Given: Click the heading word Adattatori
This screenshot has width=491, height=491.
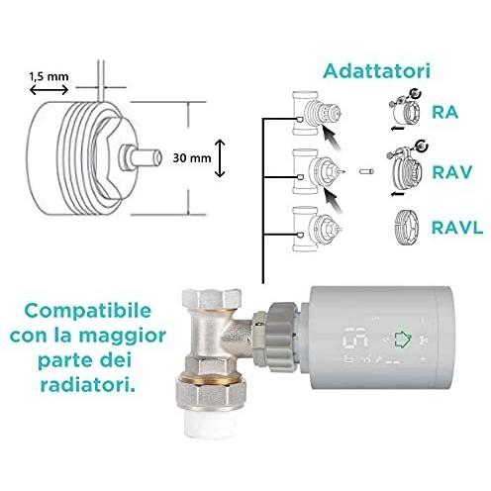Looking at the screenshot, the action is [377, 71].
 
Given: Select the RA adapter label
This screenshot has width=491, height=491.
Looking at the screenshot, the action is [445, 112].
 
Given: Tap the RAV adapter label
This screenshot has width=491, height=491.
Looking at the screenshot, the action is [452, 172].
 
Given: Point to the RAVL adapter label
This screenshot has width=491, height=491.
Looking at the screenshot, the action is [457, 228].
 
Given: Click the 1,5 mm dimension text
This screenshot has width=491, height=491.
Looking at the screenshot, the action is [49, 76].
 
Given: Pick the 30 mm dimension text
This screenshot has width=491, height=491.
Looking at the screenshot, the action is [192, 158].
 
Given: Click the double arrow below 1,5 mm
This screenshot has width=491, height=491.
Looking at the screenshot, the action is [49, 90].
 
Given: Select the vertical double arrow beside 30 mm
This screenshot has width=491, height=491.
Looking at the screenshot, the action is [220, 158].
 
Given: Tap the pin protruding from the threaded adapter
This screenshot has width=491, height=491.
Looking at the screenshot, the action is [141, 157].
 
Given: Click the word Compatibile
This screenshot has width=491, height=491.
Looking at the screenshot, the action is [88, 311].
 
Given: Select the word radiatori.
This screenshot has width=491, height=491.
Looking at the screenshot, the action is [87, 385].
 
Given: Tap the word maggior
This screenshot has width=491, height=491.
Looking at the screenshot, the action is [123, 337].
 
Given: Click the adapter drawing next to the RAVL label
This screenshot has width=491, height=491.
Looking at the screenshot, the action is [407, 228].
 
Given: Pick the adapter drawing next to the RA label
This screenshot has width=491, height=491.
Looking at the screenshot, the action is [405, 111].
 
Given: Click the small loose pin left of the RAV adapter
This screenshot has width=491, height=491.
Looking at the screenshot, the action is [366, 171].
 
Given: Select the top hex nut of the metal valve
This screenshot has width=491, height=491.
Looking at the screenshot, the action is [212, 299].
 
